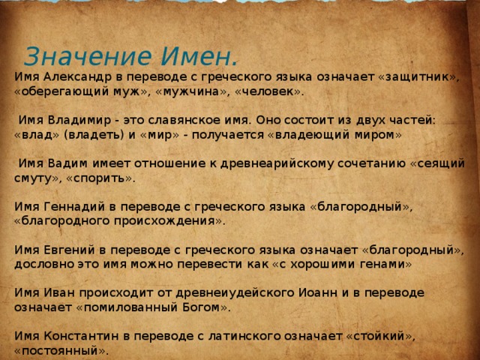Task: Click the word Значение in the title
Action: [x=88, y=56]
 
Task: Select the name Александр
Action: [x=78, y=76]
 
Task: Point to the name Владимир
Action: [x=79, y=120]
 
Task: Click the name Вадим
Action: [x=67, y=163]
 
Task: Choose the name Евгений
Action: [x=70, y=250]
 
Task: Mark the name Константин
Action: [x=81, y=337]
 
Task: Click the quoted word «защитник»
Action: [x=419, y=77]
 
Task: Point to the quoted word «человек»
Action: [x=269, y=91]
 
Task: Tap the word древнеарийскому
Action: [x=277, y=164]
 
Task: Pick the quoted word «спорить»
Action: [x=100, y=178]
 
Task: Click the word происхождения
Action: [x=165, y=221]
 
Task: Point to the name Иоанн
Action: [x=318, y=293]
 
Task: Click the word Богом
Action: [x=201, y=307]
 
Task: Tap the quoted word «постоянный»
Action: [x=61, y=350]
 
